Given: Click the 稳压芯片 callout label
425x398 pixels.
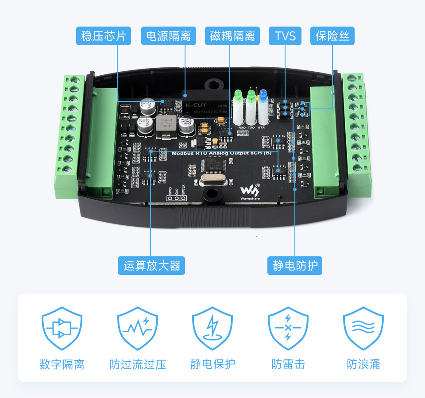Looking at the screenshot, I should click(104, 36).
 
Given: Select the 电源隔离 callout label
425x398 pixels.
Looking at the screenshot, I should click(169, 36).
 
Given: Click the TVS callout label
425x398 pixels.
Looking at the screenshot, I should click(285, 36).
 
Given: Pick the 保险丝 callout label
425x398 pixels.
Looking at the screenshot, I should click(332, 36).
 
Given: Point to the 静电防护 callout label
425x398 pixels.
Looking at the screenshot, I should click(295, 266).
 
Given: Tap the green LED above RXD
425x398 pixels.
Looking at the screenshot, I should click(238, 95).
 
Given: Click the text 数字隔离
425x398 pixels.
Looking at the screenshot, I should click(62, 364).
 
